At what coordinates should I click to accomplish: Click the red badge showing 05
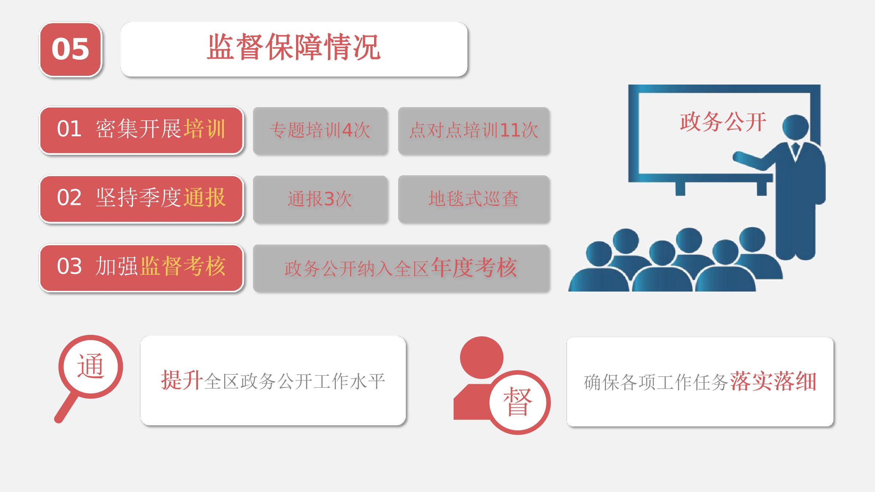(x=70, y=49)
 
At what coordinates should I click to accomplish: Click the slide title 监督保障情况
(x=294, y=47)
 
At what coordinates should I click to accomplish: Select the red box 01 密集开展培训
(x=141, y=130)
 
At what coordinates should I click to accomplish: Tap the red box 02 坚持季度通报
(x=141, y=199)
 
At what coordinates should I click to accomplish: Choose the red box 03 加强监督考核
(x=141, y=268)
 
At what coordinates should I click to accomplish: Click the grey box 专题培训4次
(x=320, y=130)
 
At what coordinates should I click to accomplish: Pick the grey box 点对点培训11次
(x=474, y=130)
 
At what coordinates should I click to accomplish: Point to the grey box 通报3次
(x=320, y=199)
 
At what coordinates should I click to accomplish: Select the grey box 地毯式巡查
(x=474, y=199)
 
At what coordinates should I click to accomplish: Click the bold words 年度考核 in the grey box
(x=474, y=268)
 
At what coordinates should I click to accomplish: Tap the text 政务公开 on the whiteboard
(x=723, y=122)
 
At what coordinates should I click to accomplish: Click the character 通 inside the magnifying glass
(x=91, y=366)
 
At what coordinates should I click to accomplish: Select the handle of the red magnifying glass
(x=66, y=408)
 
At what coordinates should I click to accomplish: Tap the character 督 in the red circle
(x=518, y=401)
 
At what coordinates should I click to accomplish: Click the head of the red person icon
(x=482, y=358)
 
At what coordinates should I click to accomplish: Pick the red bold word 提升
(x=182, y=380)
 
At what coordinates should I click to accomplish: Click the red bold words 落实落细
(x=773, y=382)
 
